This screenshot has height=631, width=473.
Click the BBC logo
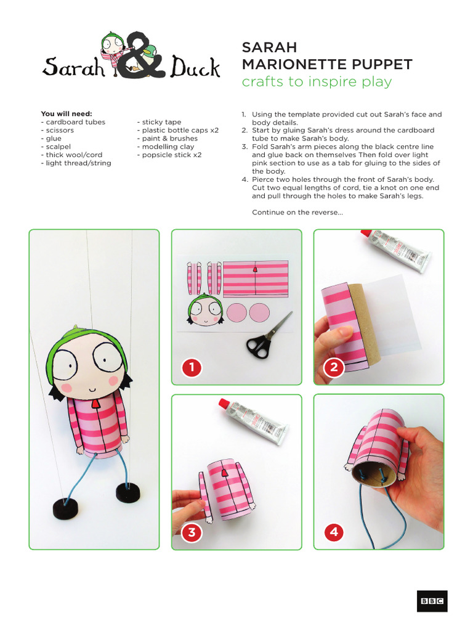click(432, 601)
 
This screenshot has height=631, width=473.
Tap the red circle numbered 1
click(192, 368)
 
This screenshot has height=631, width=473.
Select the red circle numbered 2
click(334, 368)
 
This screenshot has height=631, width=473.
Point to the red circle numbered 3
click(192, 532)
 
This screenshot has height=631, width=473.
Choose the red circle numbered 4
click(334, 532)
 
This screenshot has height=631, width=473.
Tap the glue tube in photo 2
click(398, 250)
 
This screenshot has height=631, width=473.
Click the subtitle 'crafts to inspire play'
click(317, 82)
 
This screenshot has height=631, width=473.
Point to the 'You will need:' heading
click(67, 114)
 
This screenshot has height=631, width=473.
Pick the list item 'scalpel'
click(56, 147)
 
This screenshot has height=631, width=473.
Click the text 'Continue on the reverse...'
click(297, 213)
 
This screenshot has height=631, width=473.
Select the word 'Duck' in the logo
click(195, 67)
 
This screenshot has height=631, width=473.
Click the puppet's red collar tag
click(95, 404)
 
